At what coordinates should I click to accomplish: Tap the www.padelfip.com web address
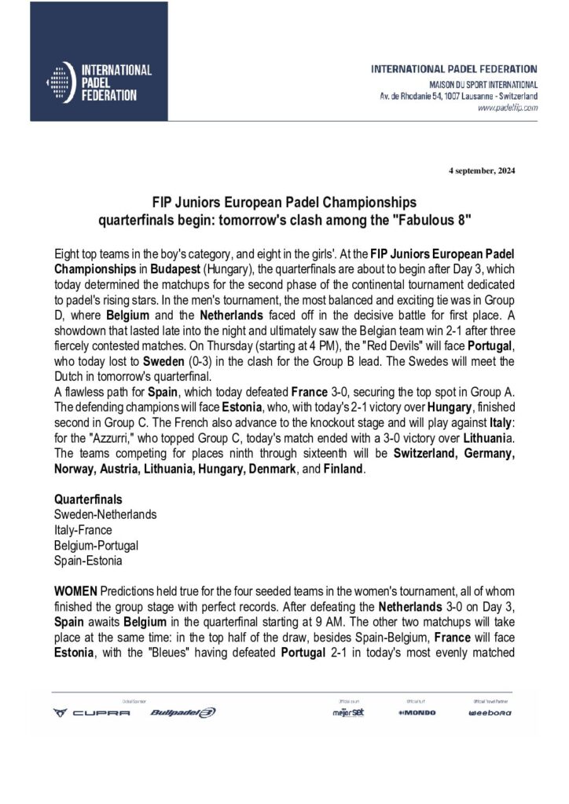(x=508, y=107)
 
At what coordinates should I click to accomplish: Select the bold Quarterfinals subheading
(x=87, y=499)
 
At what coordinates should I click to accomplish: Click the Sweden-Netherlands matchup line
(x=105, y=514)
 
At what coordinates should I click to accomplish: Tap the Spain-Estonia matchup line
(x=87, y=561)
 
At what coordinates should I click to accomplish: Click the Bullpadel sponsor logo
(x=182, y=712)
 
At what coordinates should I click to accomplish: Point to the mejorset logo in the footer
(x=348, y=712)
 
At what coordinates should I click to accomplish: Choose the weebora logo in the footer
(x=490, y=713)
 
